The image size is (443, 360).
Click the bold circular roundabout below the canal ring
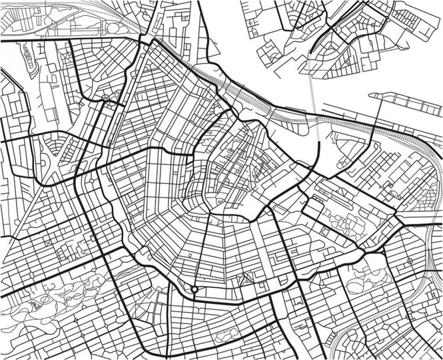pyautogui.click(x=194, y=289)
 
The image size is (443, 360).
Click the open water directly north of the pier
pyautogui.click(x=400, y=73)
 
